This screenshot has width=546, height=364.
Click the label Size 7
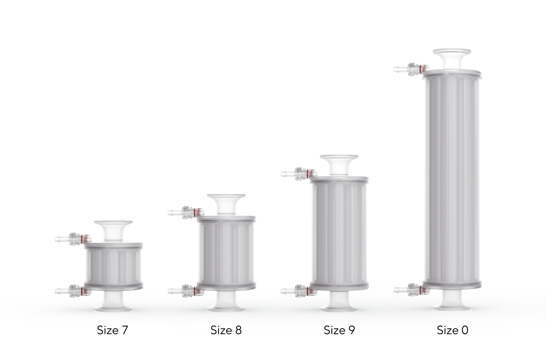click(x=112, y=330)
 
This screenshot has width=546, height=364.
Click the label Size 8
click(x=226, y=330)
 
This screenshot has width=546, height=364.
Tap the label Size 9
click(x=339, y=330)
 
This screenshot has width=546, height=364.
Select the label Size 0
click(x=452, y=330)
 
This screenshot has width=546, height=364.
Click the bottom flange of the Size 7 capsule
click(x=113, y=309)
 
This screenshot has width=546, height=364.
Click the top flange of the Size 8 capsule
click(x=226, y=196)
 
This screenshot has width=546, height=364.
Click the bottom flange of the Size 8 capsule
click(x=226, y=309)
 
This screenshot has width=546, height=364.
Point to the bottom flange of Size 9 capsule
click(x=339, y=309)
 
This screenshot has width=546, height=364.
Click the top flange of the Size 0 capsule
click(x=452, y=51)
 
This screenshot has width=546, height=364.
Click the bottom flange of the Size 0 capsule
click(x=452, y=307)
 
